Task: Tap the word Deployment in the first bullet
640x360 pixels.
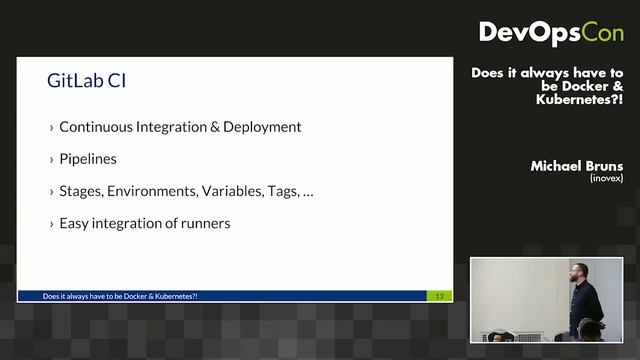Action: (x=263, y=127)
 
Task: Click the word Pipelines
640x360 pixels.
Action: (x=88, y=159)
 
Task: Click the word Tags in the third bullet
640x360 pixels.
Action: (x=283, y=191)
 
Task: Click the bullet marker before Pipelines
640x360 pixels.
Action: (x=52, y=160)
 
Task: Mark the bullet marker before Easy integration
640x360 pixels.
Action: (x=52, y=224)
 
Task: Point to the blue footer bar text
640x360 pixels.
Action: (x=121, y=296)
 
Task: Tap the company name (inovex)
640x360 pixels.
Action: (x=606, y=178)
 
